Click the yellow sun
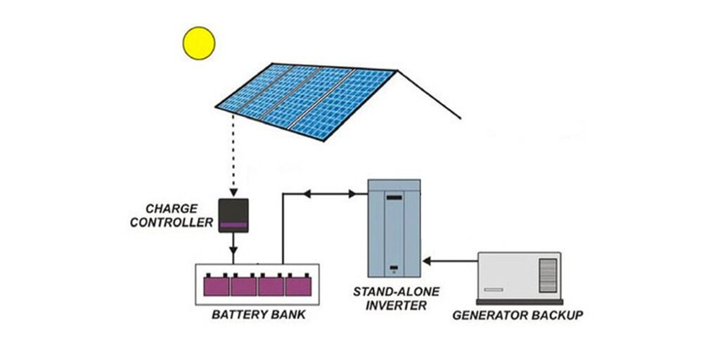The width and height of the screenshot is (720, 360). [198, 43]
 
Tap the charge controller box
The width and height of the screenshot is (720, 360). [234, 215]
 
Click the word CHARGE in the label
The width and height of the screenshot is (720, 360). [171, 209]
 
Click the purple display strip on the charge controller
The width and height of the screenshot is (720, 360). [234, 225]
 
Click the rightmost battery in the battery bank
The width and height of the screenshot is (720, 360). [298, 285]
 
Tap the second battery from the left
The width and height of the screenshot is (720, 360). [243, 285]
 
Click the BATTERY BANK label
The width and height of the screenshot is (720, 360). [259, 314]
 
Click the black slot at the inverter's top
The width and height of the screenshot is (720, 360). [394, 199]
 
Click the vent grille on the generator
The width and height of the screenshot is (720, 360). [548, 274]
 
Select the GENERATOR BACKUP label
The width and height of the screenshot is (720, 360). [517, 315]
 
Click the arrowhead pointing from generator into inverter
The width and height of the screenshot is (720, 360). [428, 262]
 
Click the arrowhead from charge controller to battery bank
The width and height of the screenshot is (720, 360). [234, 258]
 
